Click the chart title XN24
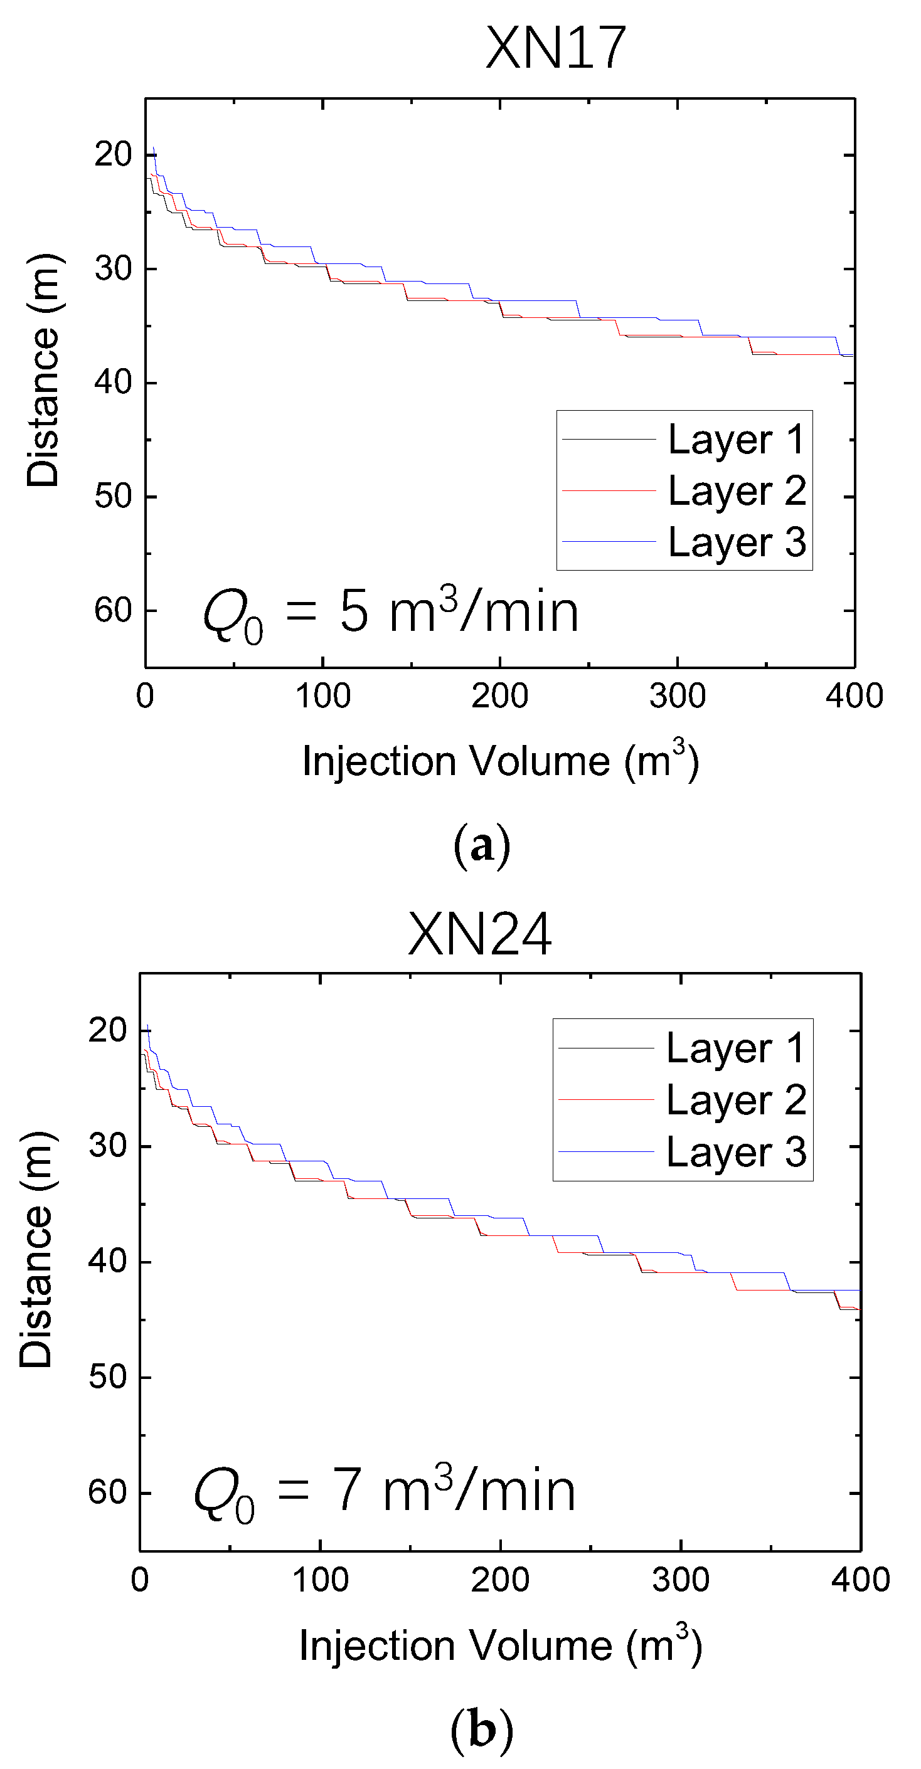pos(479,934)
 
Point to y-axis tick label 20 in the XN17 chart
pos(114,154)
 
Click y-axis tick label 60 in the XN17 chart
pos(114,610)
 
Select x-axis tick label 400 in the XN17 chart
pos(854,696)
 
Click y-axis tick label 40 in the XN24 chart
pos(108,1261)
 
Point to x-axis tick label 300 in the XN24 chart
pos(680,1580)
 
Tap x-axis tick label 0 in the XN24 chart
pos(140,1580)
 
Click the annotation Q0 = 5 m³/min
pos(391,613)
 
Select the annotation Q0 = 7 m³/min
pos(385,1492)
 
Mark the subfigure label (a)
pos(481,845)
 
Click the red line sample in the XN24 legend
pos(606,1100)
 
